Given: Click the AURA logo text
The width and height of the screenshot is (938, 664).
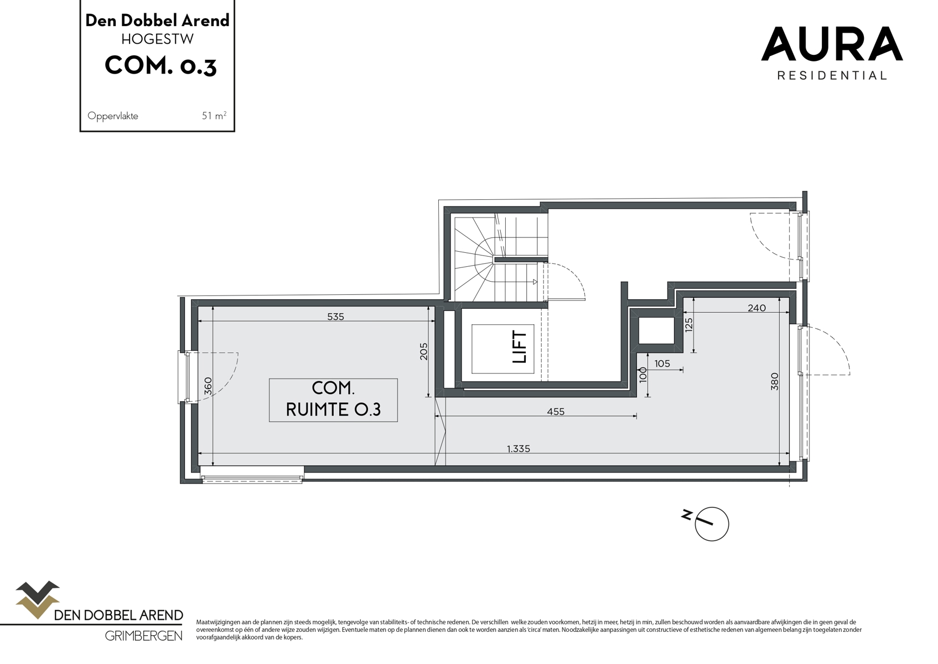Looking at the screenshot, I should point(832,44).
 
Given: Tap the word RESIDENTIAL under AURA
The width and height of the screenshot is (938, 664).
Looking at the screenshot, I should point(832,75).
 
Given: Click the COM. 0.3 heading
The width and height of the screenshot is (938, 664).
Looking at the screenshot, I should point(160,65).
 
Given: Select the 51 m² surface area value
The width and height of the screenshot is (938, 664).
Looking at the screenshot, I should point(214,116).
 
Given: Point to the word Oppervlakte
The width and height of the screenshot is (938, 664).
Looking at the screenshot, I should point(113,116).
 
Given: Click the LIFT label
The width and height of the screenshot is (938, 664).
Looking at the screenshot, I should point(520,347).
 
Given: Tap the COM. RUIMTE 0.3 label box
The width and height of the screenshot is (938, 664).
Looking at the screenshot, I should point(333,400).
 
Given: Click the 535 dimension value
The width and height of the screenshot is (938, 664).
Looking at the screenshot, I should point(335,317).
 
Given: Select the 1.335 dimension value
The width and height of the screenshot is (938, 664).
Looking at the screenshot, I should point(519,449).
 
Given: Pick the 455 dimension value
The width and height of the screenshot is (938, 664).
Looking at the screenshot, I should point(556,411).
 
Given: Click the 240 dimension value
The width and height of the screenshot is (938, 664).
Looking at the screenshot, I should point(756,308).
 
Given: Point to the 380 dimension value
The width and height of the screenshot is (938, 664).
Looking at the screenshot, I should point(775,381).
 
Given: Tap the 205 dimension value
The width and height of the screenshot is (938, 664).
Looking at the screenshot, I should point(424,352).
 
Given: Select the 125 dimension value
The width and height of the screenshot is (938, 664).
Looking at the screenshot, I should point(689,324).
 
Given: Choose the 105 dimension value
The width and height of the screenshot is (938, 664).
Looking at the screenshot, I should point(662,364).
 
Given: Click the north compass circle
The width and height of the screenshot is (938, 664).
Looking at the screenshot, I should point(712,523).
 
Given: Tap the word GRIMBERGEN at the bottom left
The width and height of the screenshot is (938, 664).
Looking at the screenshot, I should point(143,636).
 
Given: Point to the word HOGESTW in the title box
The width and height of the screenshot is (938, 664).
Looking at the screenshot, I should point(157,39).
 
